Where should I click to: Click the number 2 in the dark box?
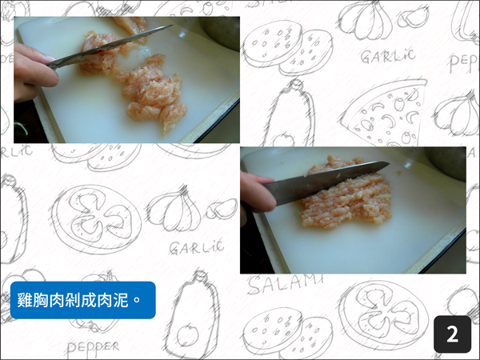pos(452,334)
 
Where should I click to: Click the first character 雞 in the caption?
pos(26,301)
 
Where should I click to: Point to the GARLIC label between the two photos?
pos(196,247)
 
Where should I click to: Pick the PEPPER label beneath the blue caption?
pos(93,346)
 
